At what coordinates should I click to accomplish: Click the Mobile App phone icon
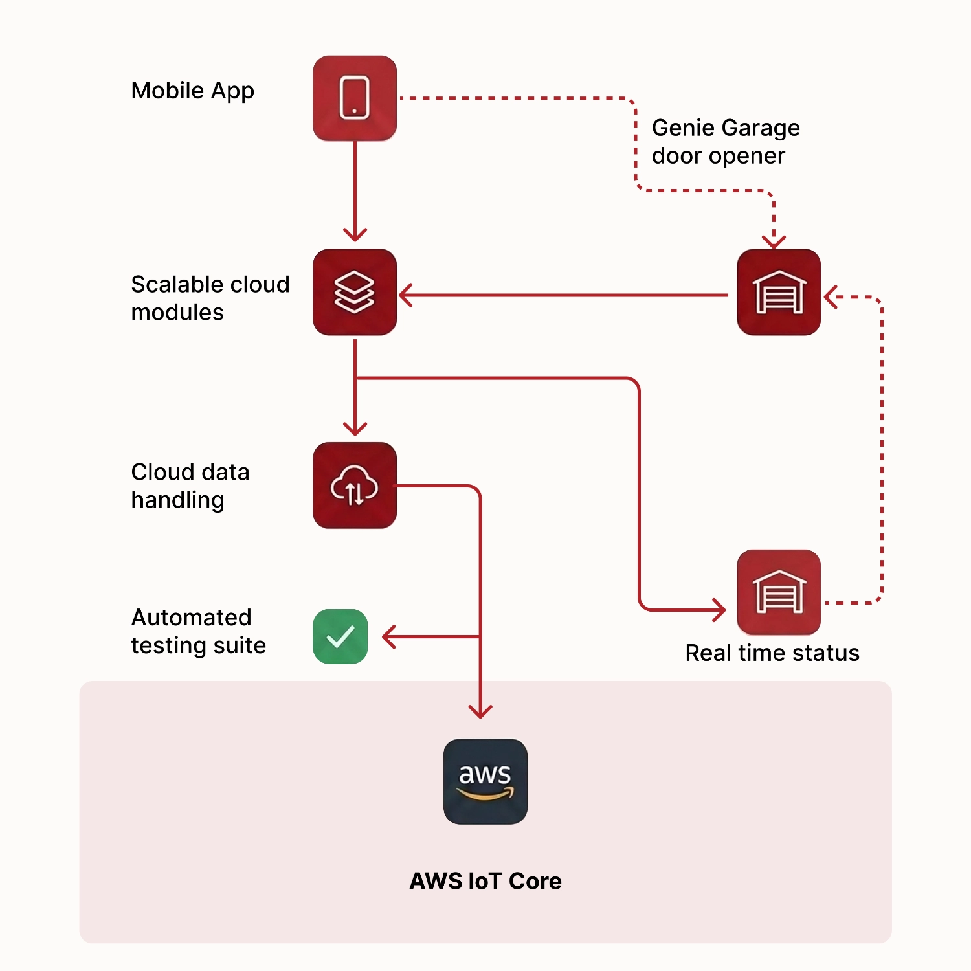point(355,98)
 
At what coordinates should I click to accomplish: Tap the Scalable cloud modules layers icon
point(355,292)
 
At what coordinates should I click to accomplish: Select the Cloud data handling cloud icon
point(355,485)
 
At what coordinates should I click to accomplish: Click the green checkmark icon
point(340,636)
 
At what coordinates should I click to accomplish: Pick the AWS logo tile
point(485,781)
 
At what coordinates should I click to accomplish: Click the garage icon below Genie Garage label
point(779,292)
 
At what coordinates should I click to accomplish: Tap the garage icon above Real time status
point(779,592)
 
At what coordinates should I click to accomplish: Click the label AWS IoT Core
point(485,881)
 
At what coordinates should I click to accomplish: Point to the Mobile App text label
point(192,91)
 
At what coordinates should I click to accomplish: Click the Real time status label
point(772,653)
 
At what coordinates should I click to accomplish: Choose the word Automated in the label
point(191,618)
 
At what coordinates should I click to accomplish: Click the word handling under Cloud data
point(177,500)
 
